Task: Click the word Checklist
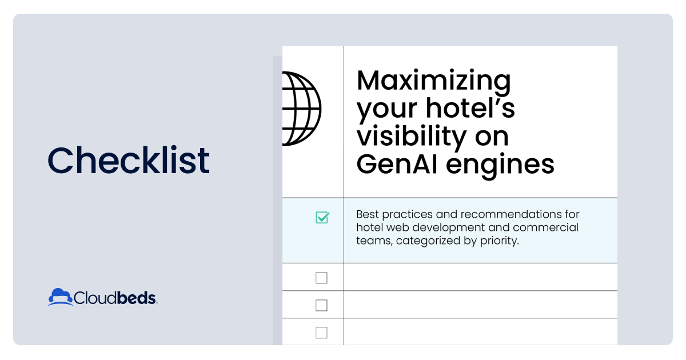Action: tap(129, 160)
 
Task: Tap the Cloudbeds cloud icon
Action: tap(61, 297)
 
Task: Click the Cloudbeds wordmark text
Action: tap(115, 298)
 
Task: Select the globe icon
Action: tap(302, 109)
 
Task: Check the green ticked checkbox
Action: tap(322, 218)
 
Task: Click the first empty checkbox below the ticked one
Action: tap(321, 278)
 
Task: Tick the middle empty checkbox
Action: tap(321, 305)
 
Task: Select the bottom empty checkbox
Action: tap(321, 333)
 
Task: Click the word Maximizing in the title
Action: tap(434, 81)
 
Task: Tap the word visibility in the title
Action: tap(412, 137)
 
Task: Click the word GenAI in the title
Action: tap(397, 164)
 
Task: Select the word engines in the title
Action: tap(500, 166)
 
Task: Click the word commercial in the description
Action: tap(546, 227)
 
